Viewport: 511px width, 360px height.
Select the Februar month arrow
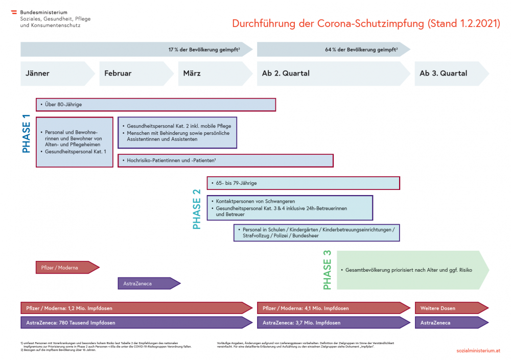[136, 74]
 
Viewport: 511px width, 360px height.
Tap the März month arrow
[215, 74]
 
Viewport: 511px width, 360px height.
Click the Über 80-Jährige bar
[156, 105]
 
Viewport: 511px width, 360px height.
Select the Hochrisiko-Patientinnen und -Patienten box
[225, 161]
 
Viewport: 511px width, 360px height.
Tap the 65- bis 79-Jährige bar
[303, 183]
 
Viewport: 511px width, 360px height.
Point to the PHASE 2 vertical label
[197, 208]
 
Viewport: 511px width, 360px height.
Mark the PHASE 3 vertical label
[327, 270]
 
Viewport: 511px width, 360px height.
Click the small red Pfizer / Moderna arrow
[67, 268]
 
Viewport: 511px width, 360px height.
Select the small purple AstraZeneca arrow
[148, 283]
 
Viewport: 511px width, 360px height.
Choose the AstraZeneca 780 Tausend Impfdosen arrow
[136, 323]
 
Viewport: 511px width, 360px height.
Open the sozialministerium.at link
[478, 351]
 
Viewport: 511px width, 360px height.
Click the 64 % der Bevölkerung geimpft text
[361, 50]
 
